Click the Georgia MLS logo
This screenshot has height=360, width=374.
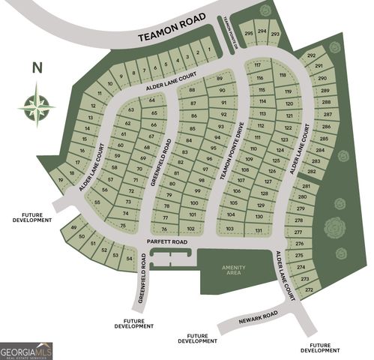(26, 350)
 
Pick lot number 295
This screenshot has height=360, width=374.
(248, 32)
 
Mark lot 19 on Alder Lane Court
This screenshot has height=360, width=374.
(61, 179)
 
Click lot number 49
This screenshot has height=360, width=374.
(73, 228)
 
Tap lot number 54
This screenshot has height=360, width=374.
(129, 259)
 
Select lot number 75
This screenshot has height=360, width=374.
(123, 225)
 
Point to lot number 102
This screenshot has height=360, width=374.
(191, 229)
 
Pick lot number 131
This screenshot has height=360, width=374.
(259, 230)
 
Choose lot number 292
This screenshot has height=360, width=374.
(311, 55)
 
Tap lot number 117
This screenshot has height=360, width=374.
(257, 66)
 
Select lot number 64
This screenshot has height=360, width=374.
(152, 100)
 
